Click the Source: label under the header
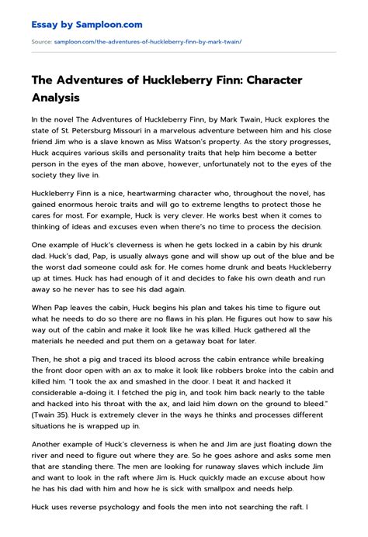pos(40,42)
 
